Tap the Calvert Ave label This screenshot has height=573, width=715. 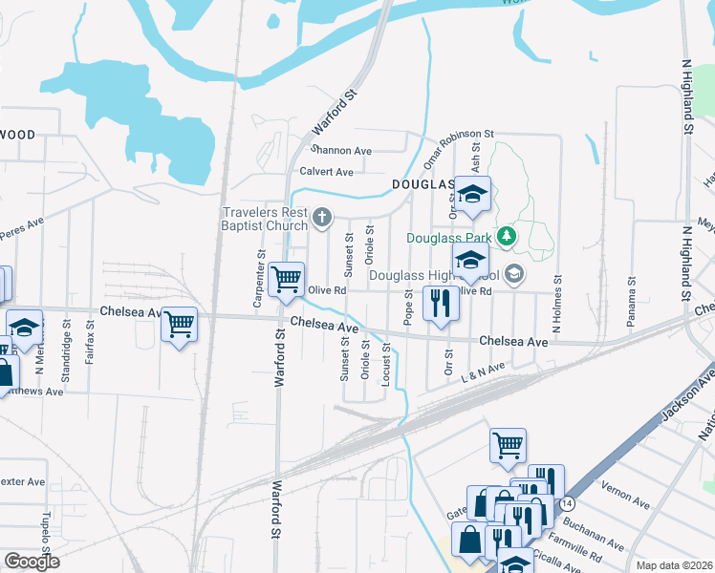326,172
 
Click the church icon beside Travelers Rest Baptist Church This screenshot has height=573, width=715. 322,219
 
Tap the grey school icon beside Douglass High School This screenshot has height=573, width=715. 514,275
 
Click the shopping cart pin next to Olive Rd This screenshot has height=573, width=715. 287,280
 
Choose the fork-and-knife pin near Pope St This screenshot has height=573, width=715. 441,304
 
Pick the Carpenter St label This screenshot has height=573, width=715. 259,280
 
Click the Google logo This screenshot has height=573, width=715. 32,562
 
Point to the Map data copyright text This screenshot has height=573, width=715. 674,565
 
